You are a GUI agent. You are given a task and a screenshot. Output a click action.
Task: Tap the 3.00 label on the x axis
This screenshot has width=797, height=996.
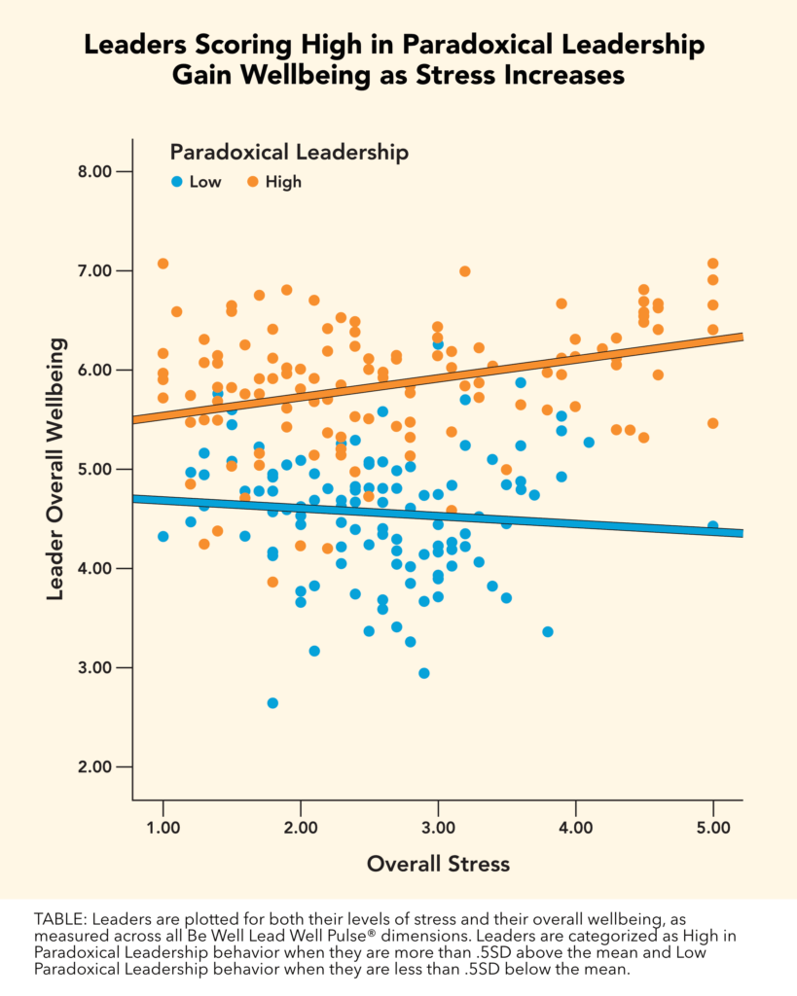(x=438, y=828)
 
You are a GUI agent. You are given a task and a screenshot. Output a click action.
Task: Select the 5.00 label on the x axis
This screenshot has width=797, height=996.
(x=713, y=828)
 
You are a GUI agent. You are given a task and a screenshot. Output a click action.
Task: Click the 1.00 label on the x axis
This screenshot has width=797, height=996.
(x=163, y=828)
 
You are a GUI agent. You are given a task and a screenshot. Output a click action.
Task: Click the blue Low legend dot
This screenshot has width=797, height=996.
(x=176, y=181)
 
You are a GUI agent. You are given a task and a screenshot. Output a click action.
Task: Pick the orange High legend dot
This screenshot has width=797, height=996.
(x=251, y=181)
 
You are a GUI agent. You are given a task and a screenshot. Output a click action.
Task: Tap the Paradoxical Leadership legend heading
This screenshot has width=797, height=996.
(x=288, y=152)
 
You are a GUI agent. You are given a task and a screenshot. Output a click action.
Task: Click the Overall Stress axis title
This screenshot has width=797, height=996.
(x=438, y=864)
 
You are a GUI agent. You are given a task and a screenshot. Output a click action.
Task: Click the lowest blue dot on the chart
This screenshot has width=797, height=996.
(x=272, y=703)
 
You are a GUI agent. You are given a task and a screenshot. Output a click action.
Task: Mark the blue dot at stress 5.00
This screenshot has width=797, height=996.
(x=713, y=526)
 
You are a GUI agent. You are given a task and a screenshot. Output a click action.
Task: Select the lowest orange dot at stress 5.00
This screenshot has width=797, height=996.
(x=713, y=423)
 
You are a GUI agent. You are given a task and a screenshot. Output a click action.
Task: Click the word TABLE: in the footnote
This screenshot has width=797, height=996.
(x=61, y=918)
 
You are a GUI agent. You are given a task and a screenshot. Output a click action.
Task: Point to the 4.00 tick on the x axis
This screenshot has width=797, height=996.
(x=575, y=828)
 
